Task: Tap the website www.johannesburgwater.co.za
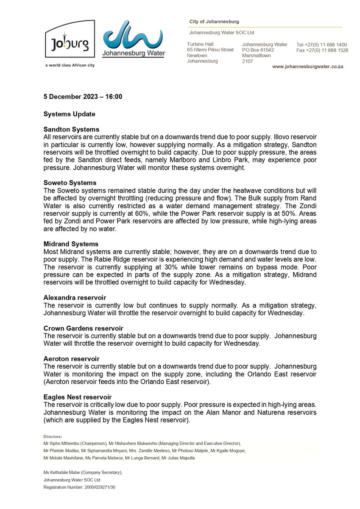307,67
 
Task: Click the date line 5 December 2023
83,97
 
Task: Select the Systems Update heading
69,114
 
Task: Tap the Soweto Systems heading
70,182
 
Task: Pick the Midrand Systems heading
71,244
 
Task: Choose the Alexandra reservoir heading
75,297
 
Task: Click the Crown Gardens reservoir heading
83,328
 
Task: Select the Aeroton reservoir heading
71,359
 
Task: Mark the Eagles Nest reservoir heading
78,397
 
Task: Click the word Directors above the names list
53,436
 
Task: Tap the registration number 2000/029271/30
97,487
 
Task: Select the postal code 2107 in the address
247,61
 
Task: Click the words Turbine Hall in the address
200,44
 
